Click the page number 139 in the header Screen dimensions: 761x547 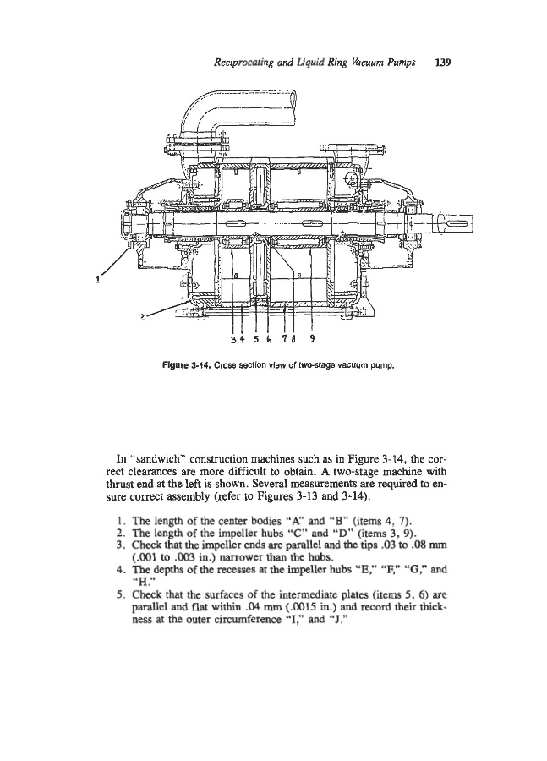[x=445, y=63]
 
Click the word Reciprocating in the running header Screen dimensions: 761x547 [x=248, y=63]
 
